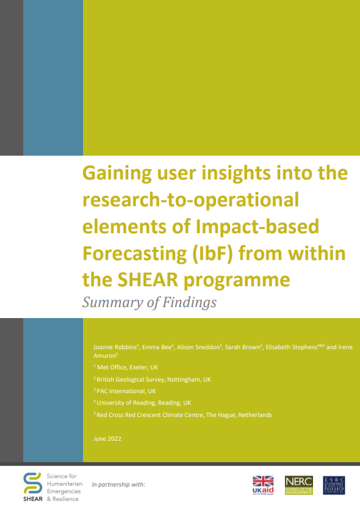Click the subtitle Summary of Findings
[x=149, y=302]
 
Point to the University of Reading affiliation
[x=143, y=402]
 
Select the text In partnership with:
[x=118, y=484]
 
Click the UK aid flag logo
[x=264, y=485]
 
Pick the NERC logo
[x=298, y=485]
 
